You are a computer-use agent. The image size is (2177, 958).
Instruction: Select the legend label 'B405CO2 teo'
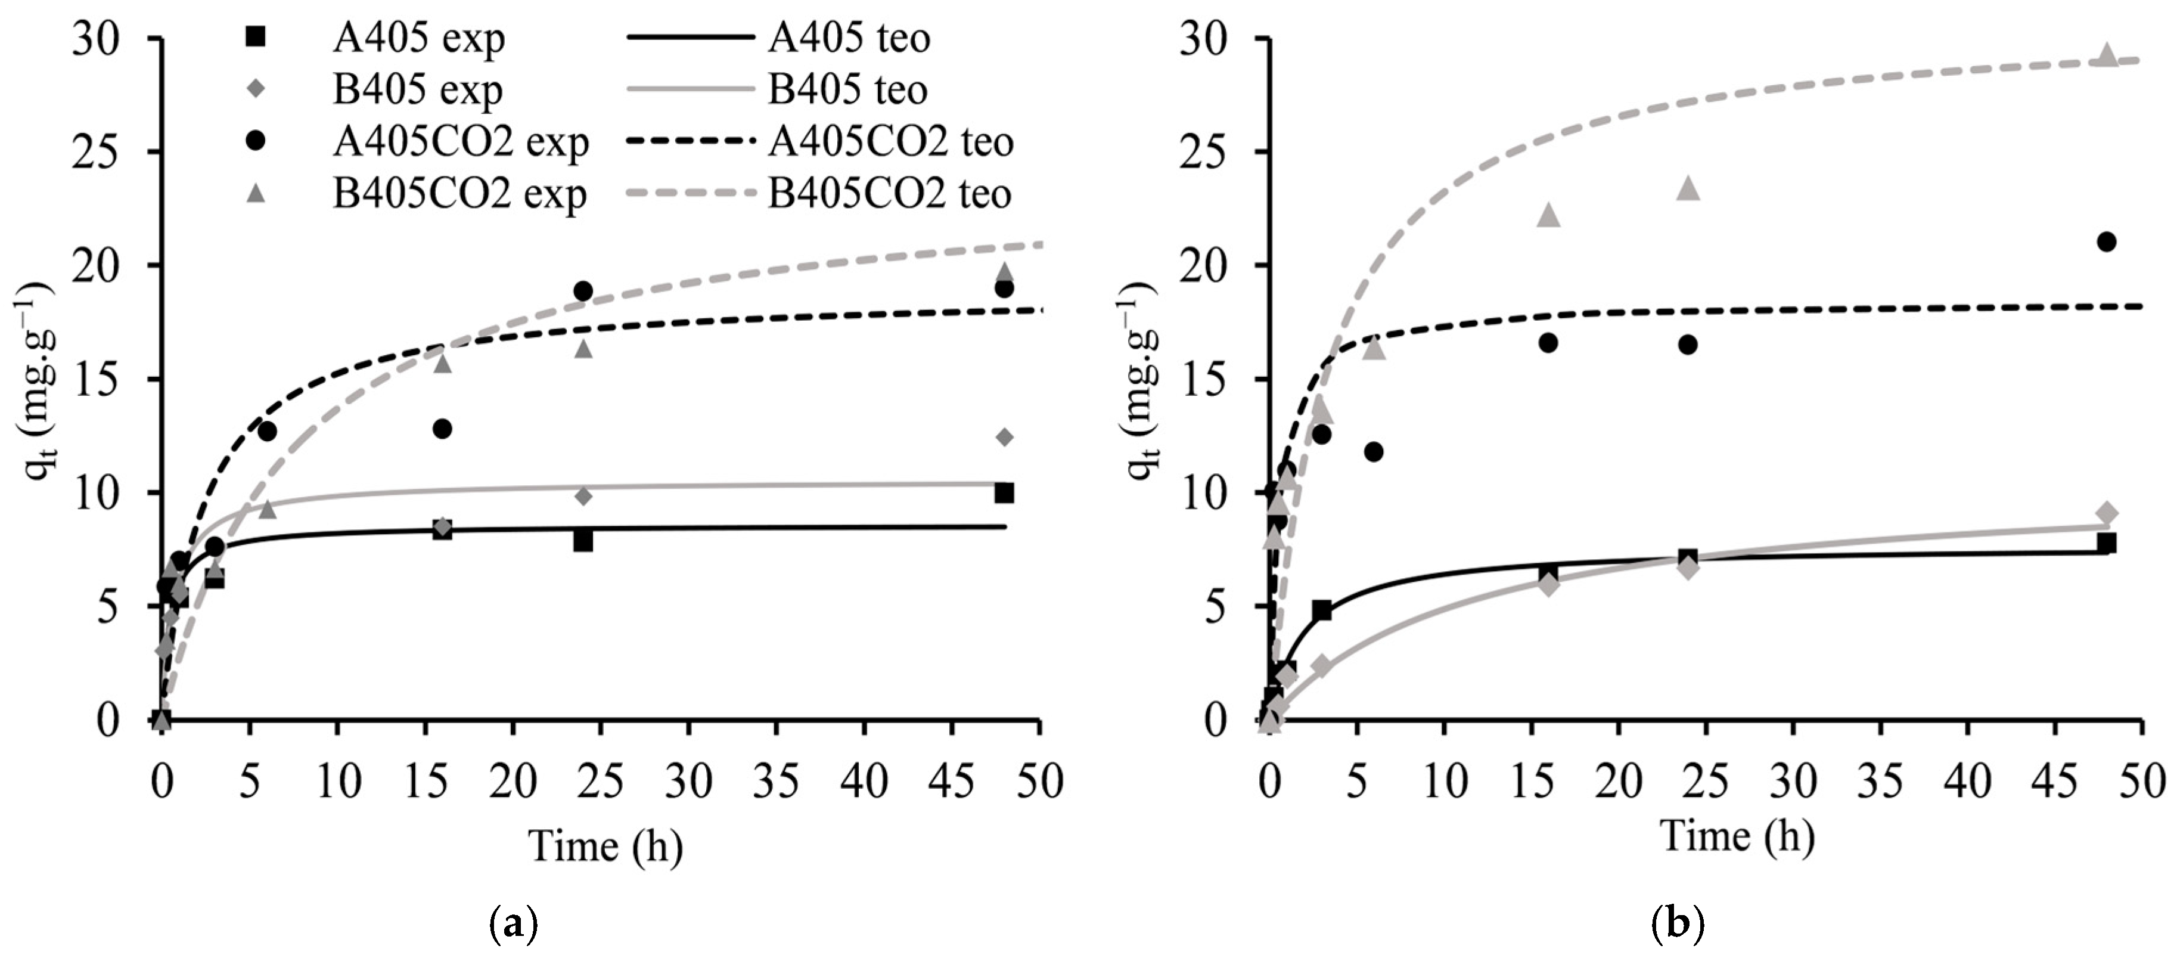(889, 194)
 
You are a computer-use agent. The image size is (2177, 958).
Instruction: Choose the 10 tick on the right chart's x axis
(1445, 782)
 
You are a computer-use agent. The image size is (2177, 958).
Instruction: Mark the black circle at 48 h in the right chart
(2107, 242)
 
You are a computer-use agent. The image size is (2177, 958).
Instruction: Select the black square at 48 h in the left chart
(1004, 493)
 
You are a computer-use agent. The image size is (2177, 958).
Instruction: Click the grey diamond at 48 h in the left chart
(1005, 437)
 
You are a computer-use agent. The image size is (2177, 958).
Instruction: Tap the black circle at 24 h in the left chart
(583, 291)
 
